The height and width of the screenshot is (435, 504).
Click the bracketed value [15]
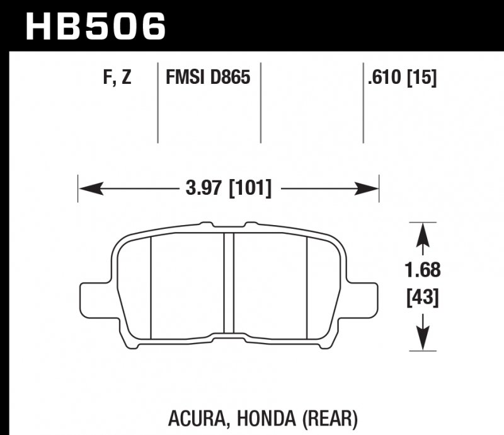[423, 78]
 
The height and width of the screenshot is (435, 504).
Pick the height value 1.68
[423, 271]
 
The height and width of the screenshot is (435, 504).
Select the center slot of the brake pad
[229, 284]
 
